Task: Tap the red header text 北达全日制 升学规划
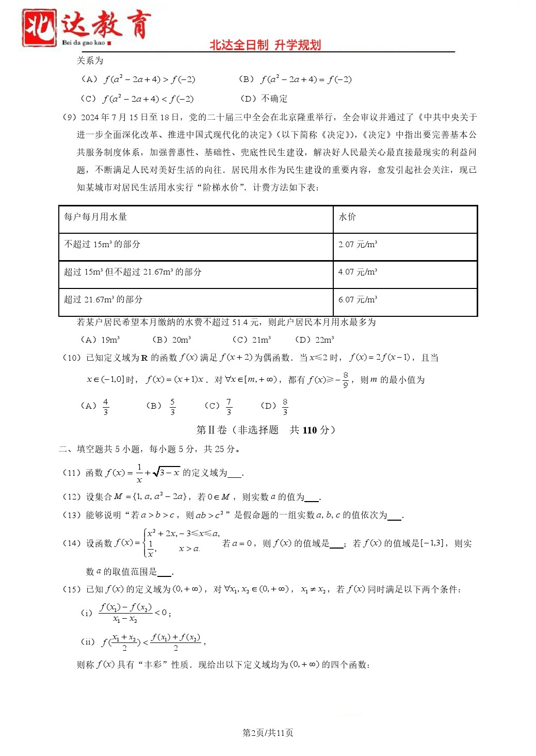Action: pyautogui.click(x=265, y=45)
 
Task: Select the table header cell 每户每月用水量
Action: pyautogui.click(x=95, y=217)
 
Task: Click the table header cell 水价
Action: pyautogui.click(x=347, y=217)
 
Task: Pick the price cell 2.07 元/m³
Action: pyautogui.click(x=358, y=244)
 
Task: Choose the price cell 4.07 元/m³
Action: pyautogui.click(x=358, y=272)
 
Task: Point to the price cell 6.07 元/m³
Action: pyautogui.click(x=358, y=299)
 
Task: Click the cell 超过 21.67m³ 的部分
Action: pyautogui.click(x=103, y=299)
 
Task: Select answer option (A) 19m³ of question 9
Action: pyautogui.click(x=100, y=340)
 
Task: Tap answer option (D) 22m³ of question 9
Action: pyautogui.click(x=314, y=340)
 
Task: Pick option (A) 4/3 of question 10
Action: pyautogui.click(x=95, y=406)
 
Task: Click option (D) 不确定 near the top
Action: pyautogui.click(x=264, y=99)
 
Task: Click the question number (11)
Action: pyautogui.click(x=72, y=473)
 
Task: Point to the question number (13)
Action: pyautogui.click(x=72, y=515)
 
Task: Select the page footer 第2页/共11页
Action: pyautogui.click(x=268, y=733)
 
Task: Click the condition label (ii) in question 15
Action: pyautogui.click(x=88, y=642)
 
